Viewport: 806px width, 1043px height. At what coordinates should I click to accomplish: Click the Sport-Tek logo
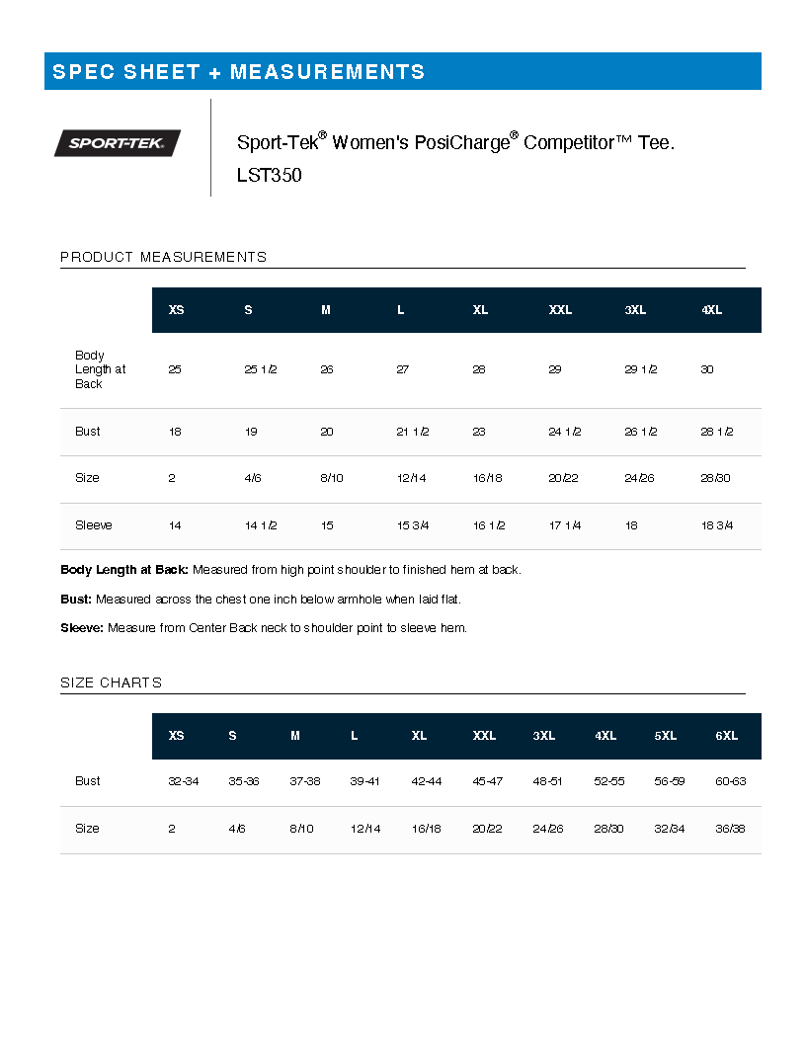click(x=117, y=143)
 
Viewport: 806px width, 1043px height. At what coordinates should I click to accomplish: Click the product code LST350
click(x=269, y=176)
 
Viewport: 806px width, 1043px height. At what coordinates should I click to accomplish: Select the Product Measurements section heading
click(x=163, y=257)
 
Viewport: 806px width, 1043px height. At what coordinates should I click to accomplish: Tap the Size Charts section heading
click(x=111, y=682)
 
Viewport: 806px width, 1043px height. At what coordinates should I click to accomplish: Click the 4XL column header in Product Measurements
click(x=711, y=310)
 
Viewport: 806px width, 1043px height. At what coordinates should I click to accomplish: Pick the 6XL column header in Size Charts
click(x=726, y=736)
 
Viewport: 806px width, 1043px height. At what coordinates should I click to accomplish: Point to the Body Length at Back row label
click(x=100, y=369)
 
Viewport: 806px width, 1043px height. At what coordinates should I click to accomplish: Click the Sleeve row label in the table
click(x=94, y=525)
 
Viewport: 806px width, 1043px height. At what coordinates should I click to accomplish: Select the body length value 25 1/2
click(x=260, y=369)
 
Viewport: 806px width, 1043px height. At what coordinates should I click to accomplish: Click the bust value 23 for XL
click(x=479, y=432)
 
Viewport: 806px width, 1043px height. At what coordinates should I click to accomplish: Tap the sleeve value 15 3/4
click(x=412, y=525)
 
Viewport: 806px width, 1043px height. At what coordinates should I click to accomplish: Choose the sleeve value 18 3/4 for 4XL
click(x=717, y=525)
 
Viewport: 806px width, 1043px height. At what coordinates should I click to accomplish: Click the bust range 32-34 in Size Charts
click(x=184, y=781)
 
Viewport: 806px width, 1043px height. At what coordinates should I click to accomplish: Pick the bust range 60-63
click(x=730, y=781)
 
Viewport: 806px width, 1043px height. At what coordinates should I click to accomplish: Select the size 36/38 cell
click(x=730, y=829)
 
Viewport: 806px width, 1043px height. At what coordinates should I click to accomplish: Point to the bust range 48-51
click(x=548, y=781)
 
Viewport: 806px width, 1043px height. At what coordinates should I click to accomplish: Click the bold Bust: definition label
click(x=76, y=599)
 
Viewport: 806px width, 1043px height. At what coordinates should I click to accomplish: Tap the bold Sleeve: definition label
click(x=81, y=628)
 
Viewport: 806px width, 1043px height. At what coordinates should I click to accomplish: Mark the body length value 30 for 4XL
click(x=707, y=369)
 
